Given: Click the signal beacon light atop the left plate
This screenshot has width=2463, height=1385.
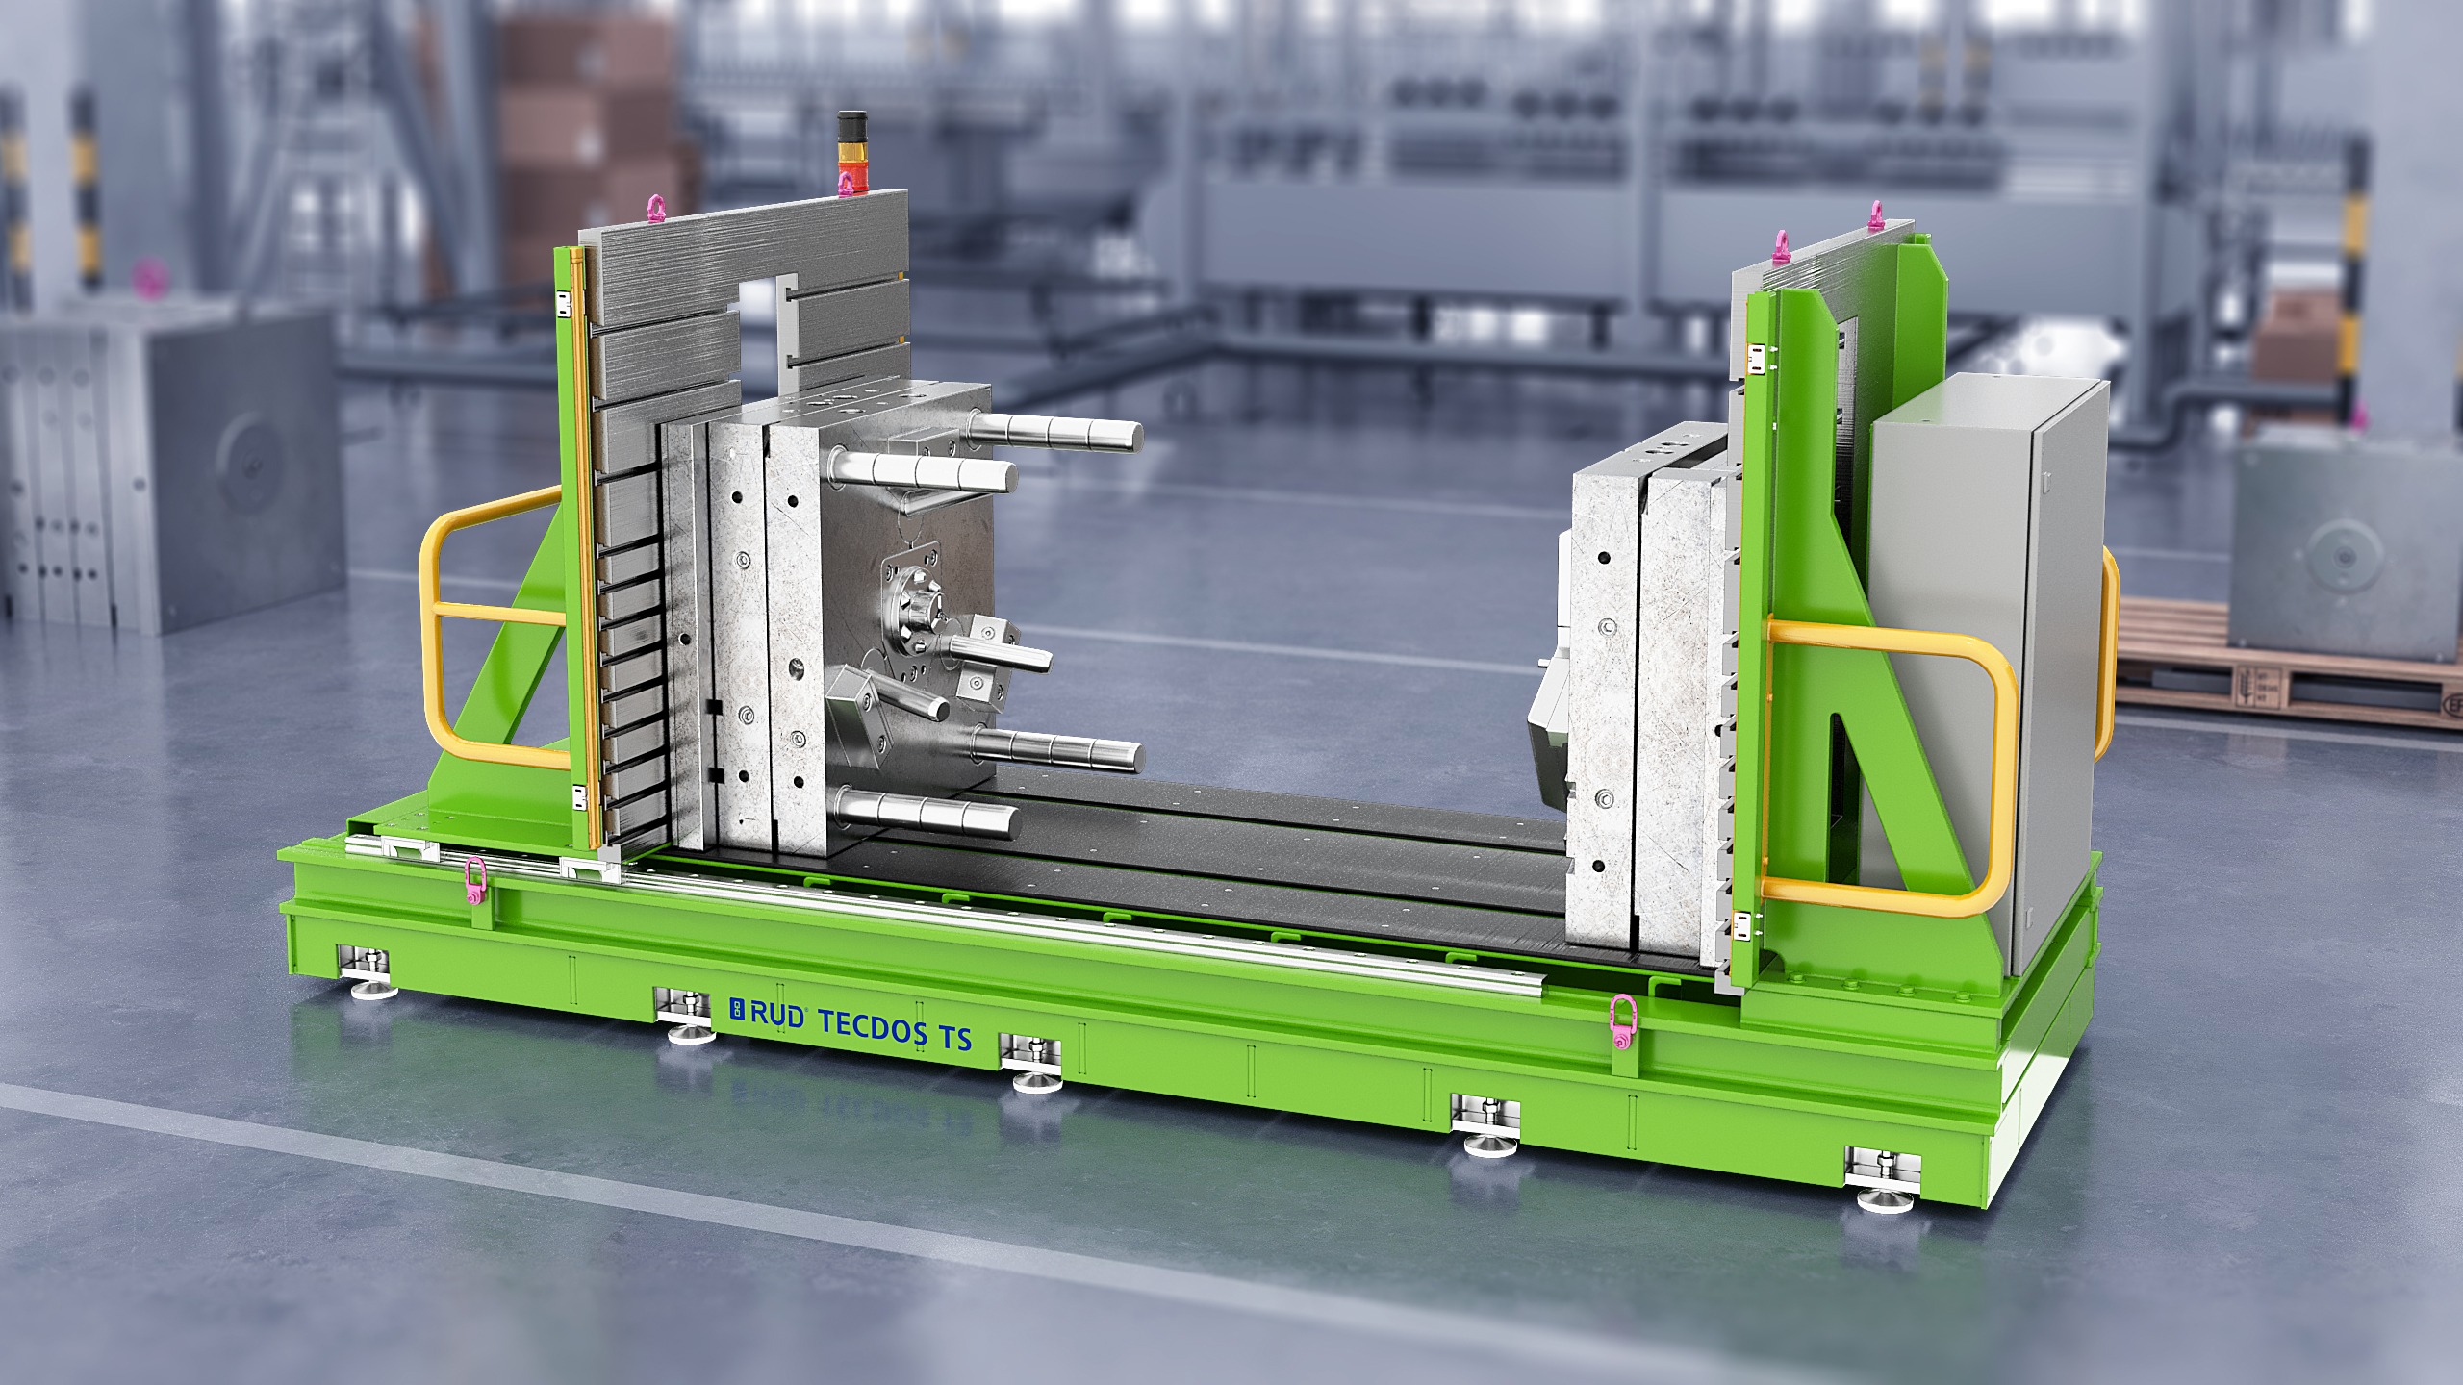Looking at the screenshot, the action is (848, 152).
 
